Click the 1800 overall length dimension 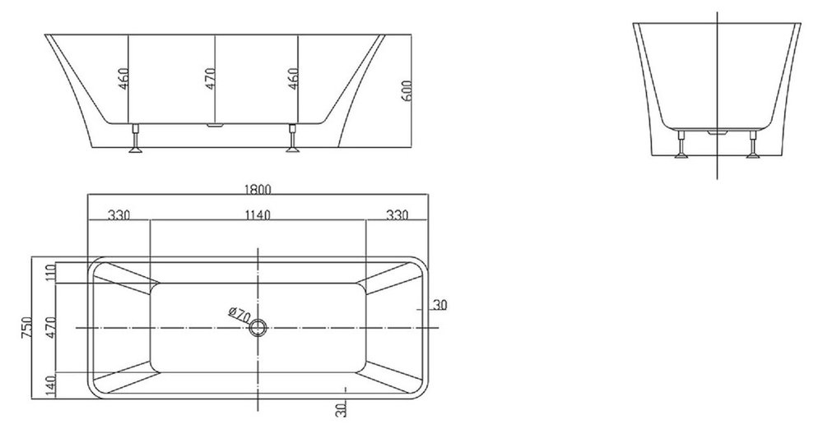click(257, 189)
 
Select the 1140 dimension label click(257, 214)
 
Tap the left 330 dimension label click(119, 214)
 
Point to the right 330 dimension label click(398, 214)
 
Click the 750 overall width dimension click(27, 327)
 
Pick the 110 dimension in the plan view click(51, 273)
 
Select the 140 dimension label click(51, 385)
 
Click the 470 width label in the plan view click(51, 327)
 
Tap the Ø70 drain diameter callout click(239, 315)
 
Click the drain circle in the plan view click(258, 328)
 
